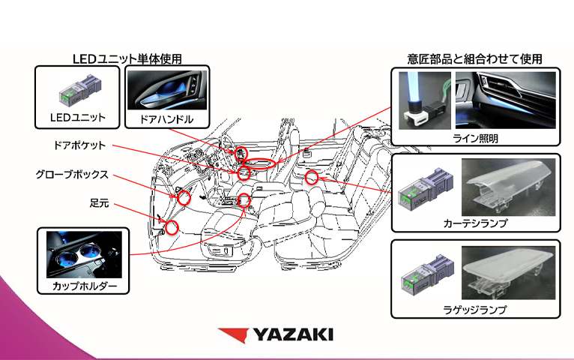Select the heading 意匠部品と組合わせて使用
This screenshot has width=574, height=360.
click(474, 58)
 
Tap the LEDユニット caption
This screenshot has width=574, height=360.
click(78, 118)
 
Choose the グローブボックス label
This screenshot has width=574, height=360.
click(72, 175)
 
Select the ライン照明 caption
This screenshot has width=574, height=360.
click(475, 139)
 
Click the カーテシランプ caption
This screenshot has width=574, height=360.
click(476, 223)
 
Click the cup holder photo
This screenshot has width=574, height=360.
click(83, 255)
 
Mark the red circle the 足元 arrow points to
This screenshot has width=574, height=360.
click(172, 226)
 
